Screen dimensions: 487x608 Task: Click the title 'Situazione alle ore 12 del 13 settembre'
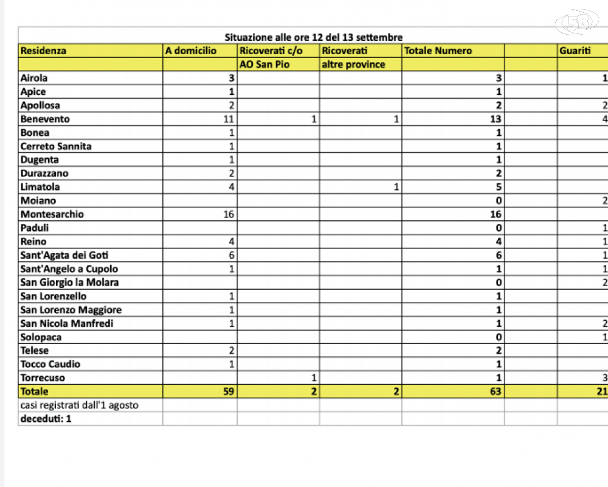pos(313,38)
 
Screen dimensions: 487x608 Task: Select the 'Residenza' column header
pos(43,51)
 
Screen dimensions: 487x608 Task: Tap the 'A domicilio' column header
pos(190,51)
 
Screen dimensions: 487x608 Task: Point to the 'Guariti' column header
pos(575,51)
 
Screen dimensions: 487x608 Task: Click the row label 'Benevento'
pos(45,119)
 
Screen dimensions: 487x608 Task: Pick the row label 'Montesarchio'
pos(52,214)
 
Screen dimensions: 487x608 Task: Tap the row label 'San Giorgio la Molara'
pos(69,282)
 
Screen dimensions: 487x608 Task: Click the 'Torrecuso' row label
pos(43,378)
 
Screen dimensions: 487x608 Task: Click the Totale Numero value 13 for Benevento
pos(496,119)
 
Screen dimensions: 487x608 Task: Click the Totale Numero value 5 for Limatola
pos(499,187)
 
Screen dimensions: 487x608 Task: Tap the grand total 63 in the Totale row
pos(496,391)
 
